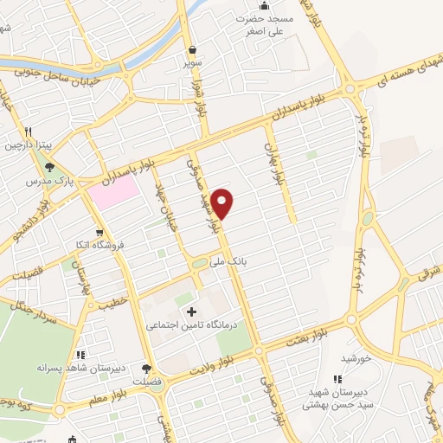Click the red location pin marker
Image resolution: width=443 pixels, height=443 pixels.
223,202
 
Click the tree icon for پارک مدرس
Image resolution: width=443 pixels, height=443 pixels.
50,168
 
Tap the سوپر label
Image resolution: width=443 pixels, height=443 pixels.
192,63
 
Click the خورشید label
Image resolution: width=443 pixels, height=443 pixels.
356,356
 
